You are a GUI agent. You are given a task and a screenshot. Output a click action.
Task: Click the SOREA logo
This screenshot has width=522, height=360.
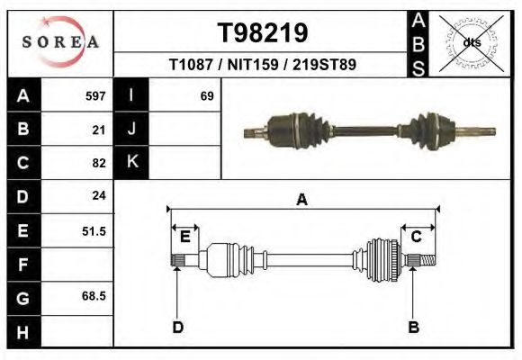pyautogui.click(x=60, y=42)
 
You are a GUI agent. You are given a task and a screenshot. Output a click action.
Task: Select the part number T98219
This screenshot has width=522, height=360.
pyautogui.click(x=263, y=33)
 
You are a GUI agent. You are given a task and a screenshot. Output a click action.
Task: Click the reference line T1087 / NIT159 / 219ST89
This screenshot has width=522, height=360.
pyautogui.click(x=263, y=65)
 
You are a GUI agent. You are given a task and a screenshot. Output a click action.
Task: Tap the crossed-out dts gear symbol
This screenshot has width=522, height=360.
pyautogui.click(x=472, y=41)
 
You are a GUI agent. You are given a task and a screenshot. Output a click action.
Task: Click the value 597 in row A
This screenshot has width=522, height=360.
pyautogui.click(x=95, y=95)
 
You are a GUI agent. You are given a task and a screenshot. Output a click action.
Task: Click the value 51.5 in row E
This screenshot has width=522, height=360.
pyautogui.click(x=94, y=230)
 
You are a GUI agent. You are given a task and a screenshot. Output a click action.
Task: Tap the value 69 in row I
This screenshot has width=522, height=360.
pyautogui.click(x=206, y=95)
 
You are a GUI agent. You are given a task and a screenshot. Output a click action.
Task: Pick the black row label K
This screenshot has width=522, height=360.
pyautogui.click(x=131, y=162)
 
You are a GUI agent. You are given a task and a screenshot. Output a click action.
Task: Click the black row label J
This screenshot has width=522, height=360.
pyautogui.click(x=131, y=129)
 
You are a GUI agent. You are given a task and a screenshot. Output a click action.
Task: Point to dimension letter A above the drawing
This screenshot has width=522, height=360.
pyautogui.click(x=302, y=200)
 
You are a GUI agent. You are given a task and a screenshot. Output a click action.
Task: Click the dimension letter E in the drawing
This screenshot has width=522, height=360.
pyautogui.click(x=184, y=237)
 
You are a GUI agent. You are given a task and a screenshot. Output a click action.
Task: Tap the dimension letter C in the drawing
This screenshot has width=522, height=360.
pyautogui.click(x=417, y=237)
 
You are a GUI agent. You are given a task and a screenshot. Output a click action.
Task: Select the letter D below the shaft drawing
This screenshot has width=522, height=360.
pyautogui.click(x=177, y=327)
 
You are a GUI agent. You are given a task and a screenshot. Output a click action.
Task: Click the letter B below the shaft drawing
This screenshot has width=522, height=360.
pyautogui.click(x=414, y=327)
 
